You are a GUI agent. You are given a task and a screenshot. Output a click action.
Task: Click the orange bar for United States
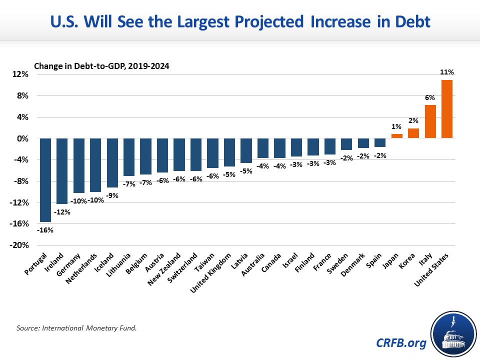(x=446, y=109)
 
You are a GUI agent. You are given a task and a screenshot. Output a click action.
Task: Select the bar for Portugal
(x=45, y=180)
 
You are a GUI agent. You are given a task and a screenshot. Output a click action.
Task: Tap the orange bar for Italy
(x=430, y=121)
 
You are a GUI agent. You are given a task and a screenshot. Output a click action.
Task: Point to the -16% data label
(x=45, y=230)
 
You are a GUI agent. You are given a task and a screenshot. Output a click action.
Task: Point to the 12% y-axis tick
(x=21, y=74)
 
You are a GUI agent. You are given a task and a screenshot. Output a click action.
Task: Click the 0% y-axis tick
(x=23, y=138)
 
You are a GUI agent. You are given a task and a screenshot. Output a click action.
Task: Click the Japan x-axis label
(x=392, y=261)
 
